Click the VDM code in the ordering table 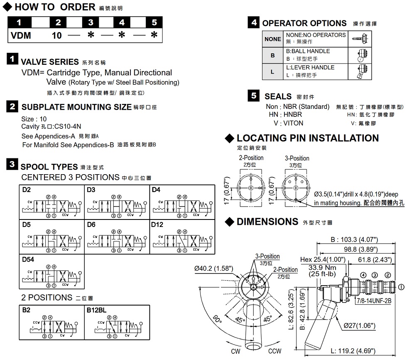[21, 35]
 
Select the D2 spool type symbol [52, 206]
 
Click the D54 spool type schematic [52, 276]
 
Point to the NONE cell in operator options [273, 39]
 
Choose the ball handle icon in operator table [361, 55]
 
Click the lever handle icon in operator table [361, 72]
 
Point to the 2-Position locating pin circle [251, 189]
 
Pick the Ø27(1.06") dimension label [359, 325]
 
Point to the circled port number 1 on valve [401, 286]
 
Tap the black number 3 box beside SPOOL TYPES [12, 165]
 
